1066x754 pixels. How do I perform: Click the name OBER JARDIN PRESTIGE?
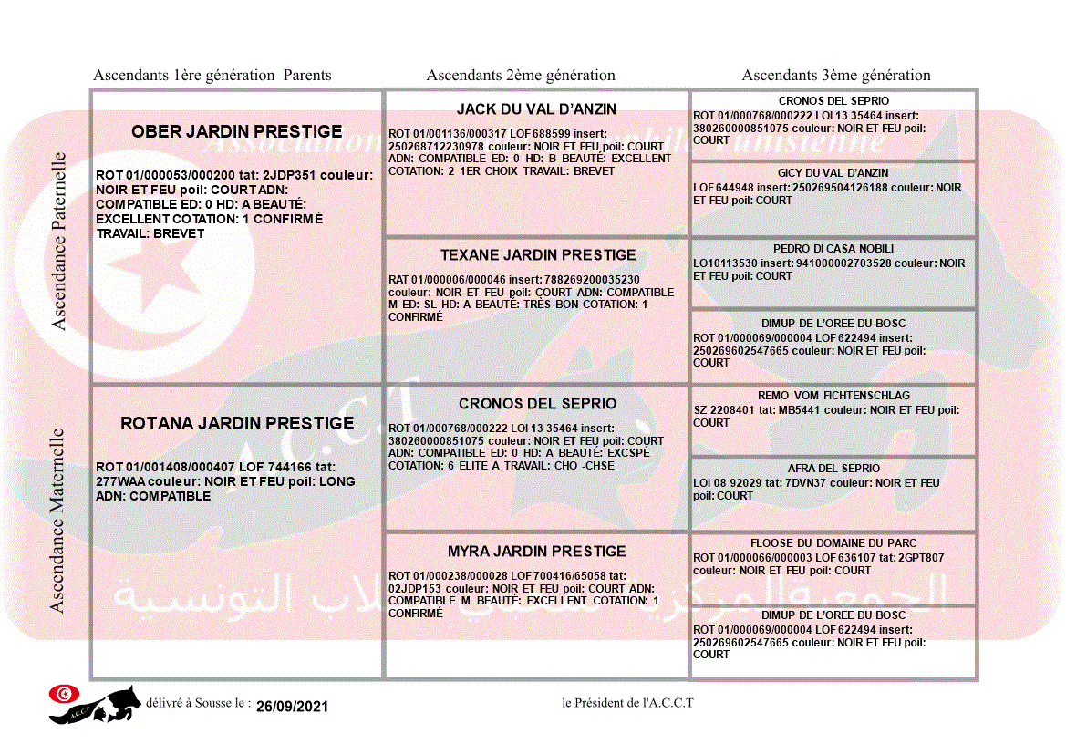[x=237, y=131]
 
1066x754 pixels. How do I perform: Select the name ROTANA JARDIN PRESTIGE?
[x=237, y=423]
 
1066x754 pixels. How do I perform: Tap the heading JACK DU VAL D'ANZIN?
[x=536, y=109]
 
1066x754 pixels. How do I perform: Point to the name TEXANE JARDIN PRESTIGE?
[x=538, y=255]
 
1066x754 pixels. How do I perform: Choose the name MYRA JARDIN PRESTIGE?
[x=536, y=552]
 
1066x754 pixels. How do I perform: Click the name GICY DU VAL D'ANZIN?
[x=833, y=173]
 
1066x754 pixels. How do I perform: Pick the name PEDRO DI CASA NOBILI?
[x=833, y=249]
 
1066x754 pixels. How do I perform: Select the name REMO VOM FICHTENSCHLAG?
[x=833, y=397]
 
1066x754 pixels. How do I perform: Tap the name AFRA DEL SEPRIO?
[x=833, y=469]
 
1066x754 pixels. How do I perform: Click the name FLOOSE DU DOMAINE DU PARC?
[x=833, y=543]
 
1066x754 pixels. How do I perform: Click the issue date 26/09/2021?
[x=292, y=707]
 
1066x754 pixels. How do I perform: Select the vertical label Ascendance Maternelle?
[x=57, y=520]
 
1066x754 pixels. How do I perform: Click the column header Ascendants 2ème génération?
[x=521, y=76]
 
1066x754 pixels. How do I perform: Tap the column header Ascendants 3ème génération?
[x=836, y=76]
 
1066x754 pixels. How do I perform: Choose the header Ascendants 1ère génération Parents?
[x=212, y=76]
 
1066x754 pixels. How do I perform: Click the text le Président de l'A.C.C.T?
[x=628, y=703]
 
